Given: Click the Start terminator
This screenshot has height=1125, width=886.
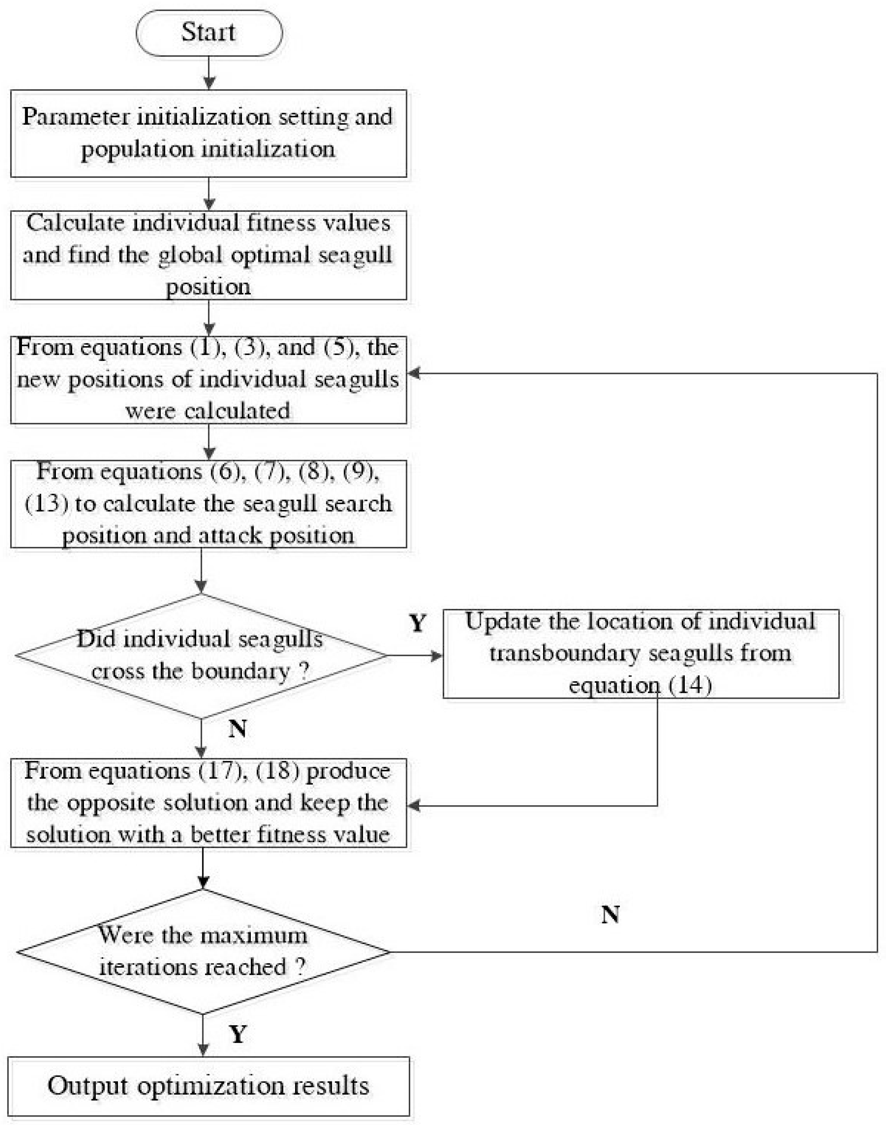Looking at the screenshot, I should [209, 33].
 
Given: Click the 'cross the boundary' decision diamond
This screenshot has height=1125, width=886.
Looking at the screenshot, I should [201, 656].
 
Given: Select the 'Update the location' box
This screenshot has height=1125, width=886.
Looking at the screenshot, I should [640, 654].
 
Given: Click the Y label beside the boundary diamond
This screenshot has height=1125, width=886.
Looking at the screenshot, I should [418, 623].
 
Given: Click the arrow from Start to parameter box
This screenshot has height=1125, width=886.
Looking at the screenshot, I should [209, 73].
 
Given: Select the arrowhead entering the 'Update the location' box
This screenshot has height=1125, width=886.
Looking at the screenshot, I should [436, 656].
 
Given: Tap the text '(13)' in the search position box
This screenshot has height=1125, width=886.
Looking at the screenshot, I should [46, 504].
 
